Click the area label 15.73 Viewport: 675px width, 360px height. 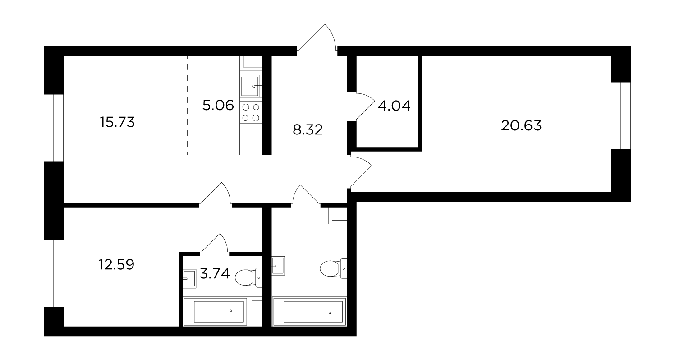117,122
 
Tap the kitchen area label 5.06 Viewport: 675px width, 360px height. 218,106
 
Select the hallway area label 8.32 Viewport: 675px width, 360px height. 308,130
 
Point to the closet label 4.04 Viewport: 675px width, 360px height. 394,106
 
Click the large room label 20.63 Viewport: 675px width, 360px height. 521,125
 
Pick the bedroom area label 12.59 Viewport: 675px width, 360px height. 117,265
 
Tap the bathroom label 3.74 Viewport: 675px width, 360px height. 215,274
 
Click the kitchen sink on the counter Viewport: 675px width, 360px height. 251,86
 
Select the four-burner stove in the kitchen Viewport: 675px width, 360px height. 251,112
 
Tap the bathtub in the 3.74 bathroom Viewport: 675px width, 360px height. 216,312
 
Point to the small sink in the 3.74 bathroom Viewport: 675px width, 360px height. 189,278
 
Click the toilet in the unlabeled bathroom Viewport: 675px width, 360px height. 333,268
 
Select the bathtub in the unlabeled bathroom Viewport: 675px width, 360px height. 309,312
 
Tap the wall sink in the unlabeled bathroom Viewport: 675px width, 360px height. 278,266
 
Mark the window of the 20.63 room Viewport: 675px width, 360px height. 621,116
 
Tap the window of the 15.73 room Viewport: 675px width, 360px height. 54,128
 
